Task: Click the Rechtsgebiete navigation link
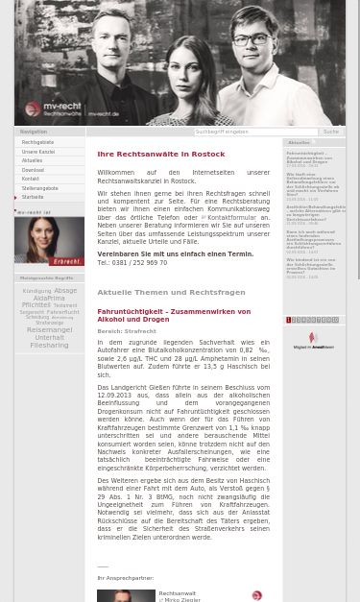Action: coord(38,142)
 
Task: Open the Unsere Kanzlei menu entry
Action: coord(38,152)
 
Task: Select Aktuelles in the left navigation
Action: coord(33,160)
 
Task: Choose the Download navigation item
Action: coord(33,170)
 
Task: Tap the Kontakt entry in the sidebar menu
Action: coord(31,179)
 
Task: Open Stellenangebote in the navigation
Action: coord(40,188)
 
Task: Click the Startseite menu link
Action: coord(33,197)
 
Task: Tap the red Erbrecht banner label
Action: coord(66,261)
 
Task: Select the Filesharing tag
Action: coord(49,345)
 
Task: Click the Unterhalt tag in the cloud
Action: coord(49,338)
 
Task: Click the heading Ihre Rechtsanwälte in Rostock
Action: coord(160,154)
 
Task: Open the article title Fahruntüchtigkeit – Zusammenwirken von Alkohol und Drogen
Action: coord(173,315)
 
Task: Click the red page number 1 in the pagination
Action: coord(289,320)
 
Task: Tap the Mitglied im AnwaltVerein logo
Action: coord(313,340)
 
